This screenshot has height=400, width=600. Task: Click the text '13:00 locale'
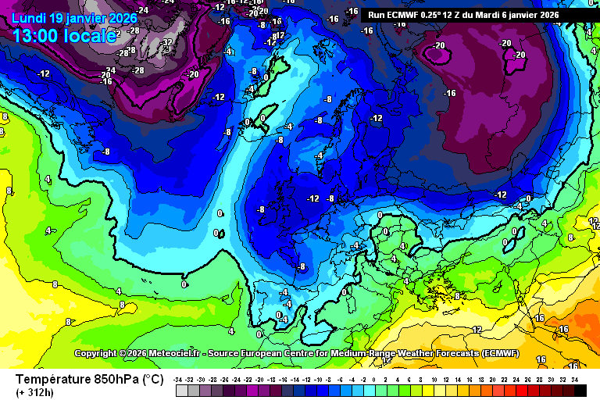(65, 34)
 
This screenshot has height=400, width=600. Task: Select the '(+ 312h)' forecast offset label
(36, 392)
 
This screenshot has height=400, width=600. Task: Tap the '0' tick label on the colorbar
(375, 379)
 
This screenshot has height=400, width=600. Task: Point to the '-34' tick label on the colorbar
(179, 379)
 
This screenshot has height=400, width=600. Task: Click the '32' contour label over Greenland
(167, 42)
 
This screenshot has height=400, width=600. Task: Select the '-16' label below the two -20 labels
(449, 93)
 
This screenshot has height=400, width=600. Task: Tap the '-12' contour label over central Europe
(313, 198)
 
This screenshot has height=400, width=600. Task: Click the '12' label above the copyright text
(477, 330)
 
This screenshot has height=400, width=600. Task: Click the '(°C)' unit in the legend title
(152, 379)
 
